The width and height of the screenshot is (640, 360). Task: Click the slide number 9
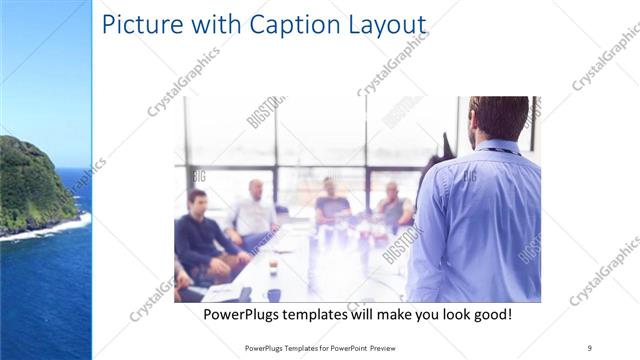tap(589, 345)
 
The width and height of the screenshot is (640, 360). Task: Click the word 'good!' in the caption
tap(489, 314)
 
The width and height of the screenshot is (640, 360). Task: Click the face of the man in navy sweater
tap(198, 201)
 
